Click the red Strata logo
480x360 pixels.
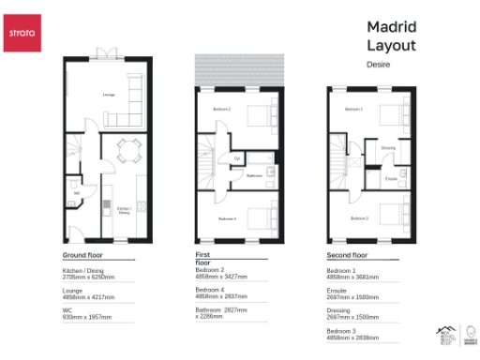pos(22,34)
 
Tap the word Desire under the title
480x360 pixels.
pos(378,64)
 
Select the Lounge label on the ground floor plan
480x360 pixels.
pos(82,96)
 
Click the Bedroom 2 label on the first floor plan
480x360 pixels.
pos(222,110)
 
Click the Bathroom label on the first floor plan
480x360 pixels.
pos(254,175)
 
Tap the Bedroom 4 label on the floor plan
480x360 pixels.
pos(227,218)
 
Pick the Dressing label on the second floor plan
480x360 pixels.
pos(388,147)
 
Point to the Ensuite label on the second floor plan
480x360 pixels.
pos(390,177)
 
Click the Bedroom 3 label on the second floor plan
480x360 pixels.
pos(359,218)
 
